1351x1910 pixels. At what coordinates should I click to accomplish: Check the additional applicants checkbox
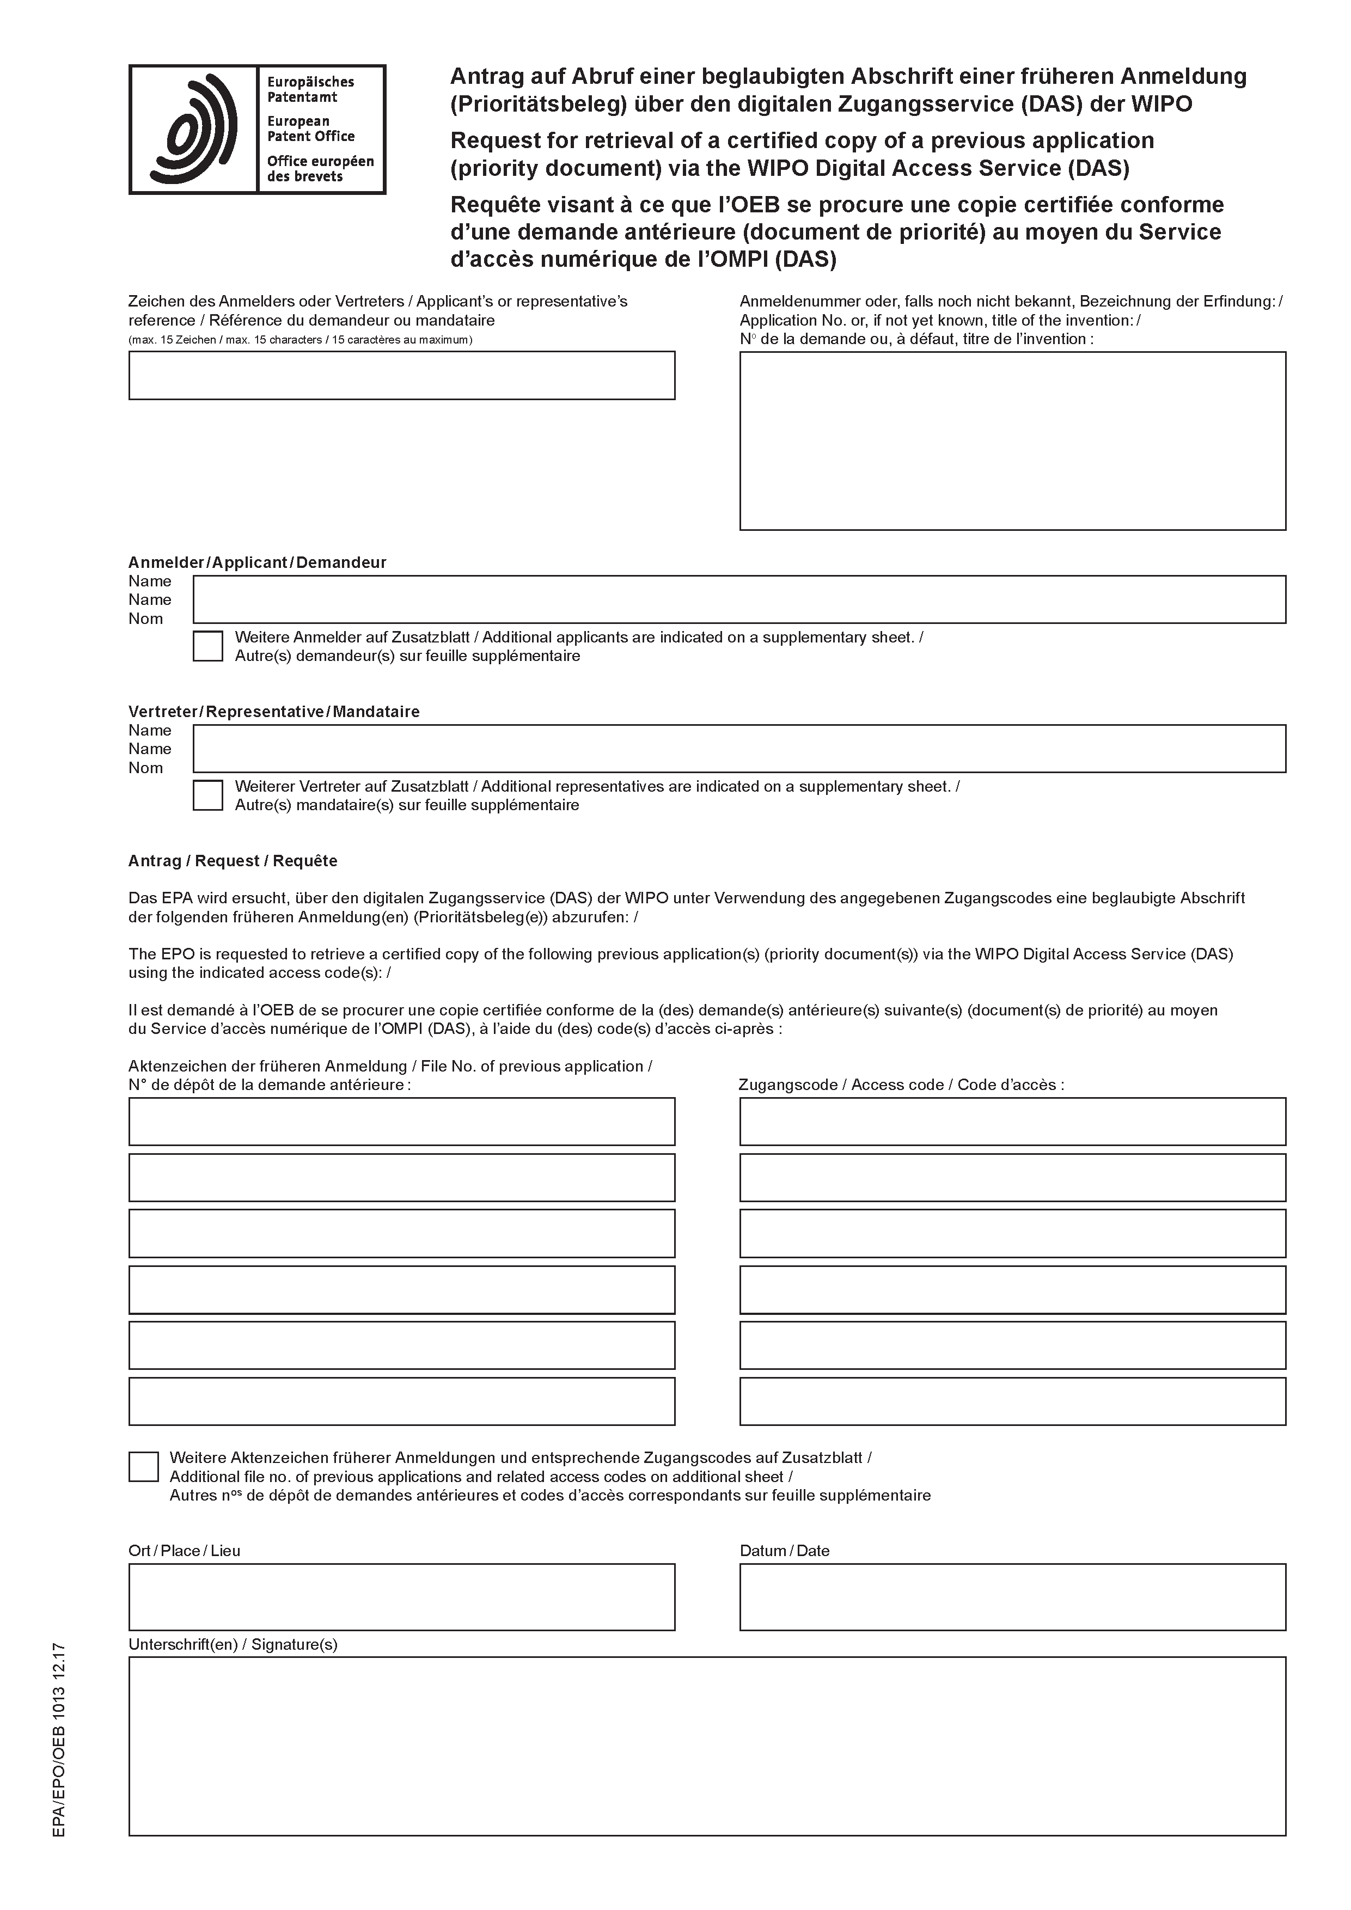pyautogui.click(x=208, y=646)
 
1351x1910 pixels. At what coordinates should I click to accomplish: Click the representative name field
pyautogui.click(x=739, y=749)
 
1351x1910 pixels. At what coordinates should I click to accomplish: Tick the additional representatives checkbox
pyautogui.click(x=208, y=795)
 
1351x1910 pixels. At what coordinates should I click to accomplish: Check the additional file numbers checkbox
pyautogui.click(x=143, y=1467)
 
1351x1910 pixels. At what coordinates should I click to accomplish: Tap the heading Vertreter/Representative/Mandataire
pyautogui.click(x=274, y=712)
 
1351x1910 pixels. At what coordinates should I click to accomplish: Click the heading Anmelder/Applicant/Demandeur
pyautogui.click(x=257, y=562)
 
